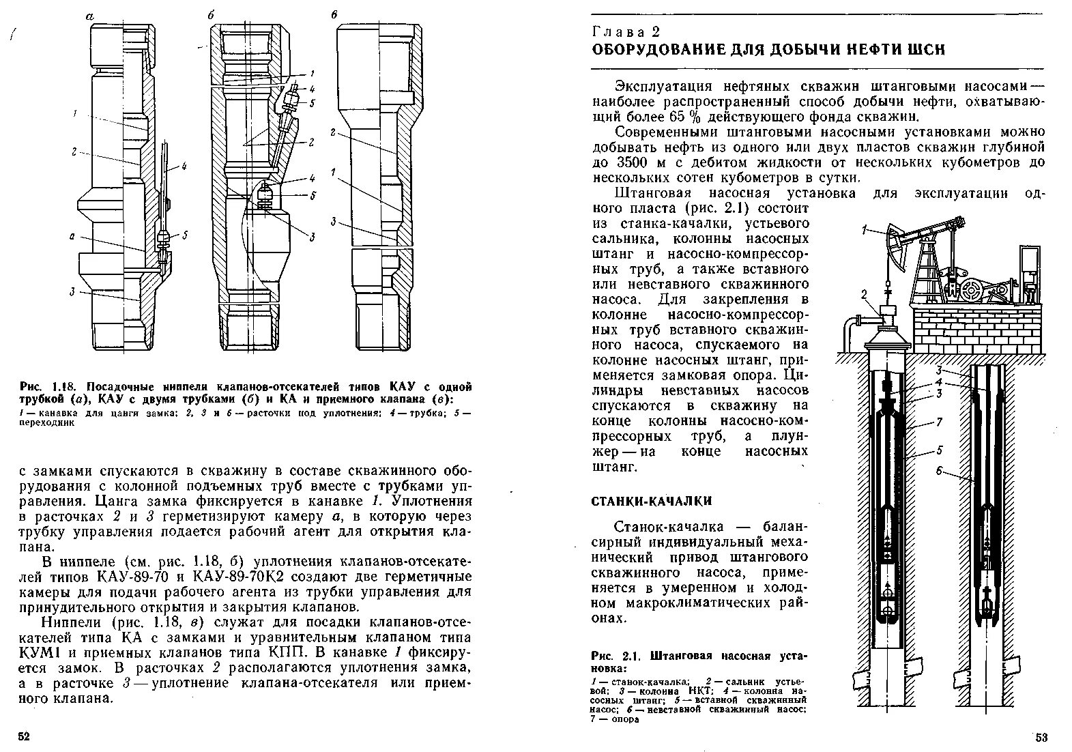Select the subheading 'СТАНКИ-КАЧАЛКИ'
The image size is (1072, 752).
pos(651,502)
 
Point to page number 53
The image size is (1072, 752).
pos(1041,737)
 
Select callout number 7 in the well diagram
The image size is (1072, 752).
pos(940,422)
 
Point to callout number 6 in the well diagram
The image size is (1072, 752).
pos(940,470)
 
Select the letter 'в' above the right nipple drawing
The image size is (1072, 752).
pos(333,14)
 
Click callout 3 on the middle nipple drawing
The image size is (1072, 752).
pos(311,237)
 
